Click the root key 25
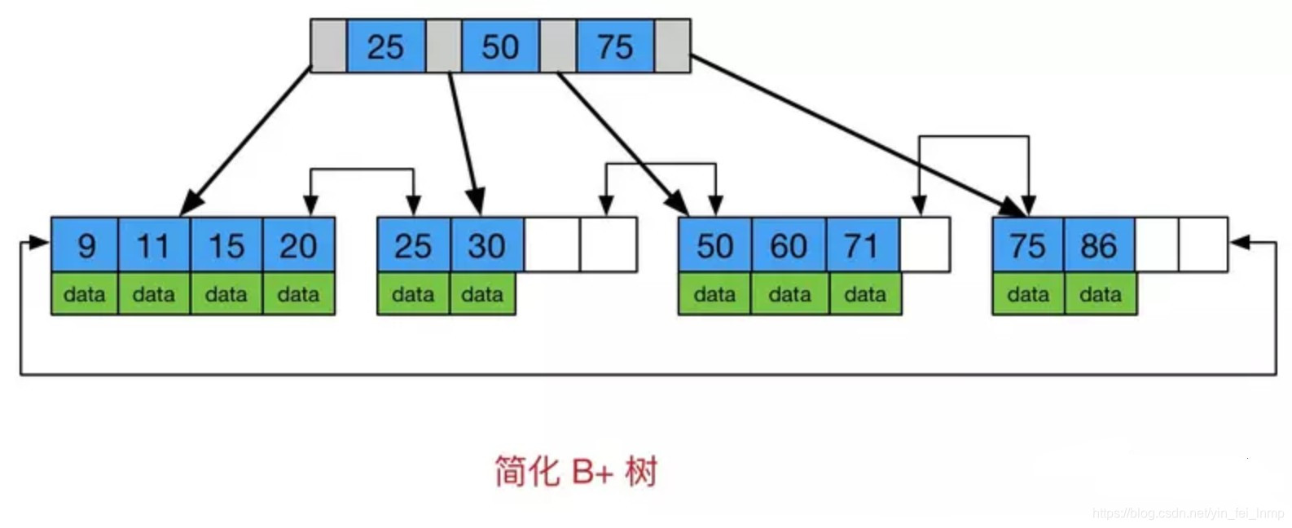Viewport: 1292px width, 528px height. click(x=385, y=46)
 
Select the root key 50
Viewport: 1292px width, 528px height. click(x=500, y=46)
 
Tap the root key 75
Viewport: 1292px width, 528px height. click(x=615, y=46)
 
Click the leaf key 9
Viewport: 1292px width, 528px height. click(x=85, y=245)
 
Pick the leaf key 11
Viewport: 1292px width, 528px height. click(x=154, y=245)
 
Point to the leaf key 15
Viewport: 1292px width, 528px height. click(x=226, y=245)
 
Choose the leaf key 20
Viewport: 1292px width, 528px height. click(x=298, y=245)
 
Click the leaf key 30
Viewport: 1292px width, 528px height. click(x=486, y=245)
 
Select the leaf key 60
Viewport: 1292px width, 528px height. click(x=789, y=245)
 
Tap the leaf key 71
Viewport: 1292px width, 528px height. click(x=863, y=245)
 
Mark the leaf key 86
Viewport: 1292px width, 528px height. click(x=1099, y=245)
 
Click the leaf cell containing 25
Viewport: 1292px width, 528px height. click(x=413, y=245)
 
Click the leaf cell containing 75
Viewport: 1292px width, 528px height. click(x=1027, y=245)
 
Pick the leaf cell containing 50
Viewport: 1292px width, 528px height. click(x=714, y=245)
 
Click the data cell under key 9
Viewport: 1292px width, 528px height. click(x=85, y=294)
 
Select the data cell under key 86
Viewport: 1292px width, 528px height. click(x=1100, y=294)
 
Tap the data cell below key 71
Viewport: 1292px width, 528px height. click(x=865, y=294)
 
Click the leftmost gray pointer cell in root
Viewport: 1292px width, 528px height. click(x=328, y=46)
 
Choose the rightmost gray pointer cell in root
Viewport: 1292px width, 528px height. click(x=673, y=46)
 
